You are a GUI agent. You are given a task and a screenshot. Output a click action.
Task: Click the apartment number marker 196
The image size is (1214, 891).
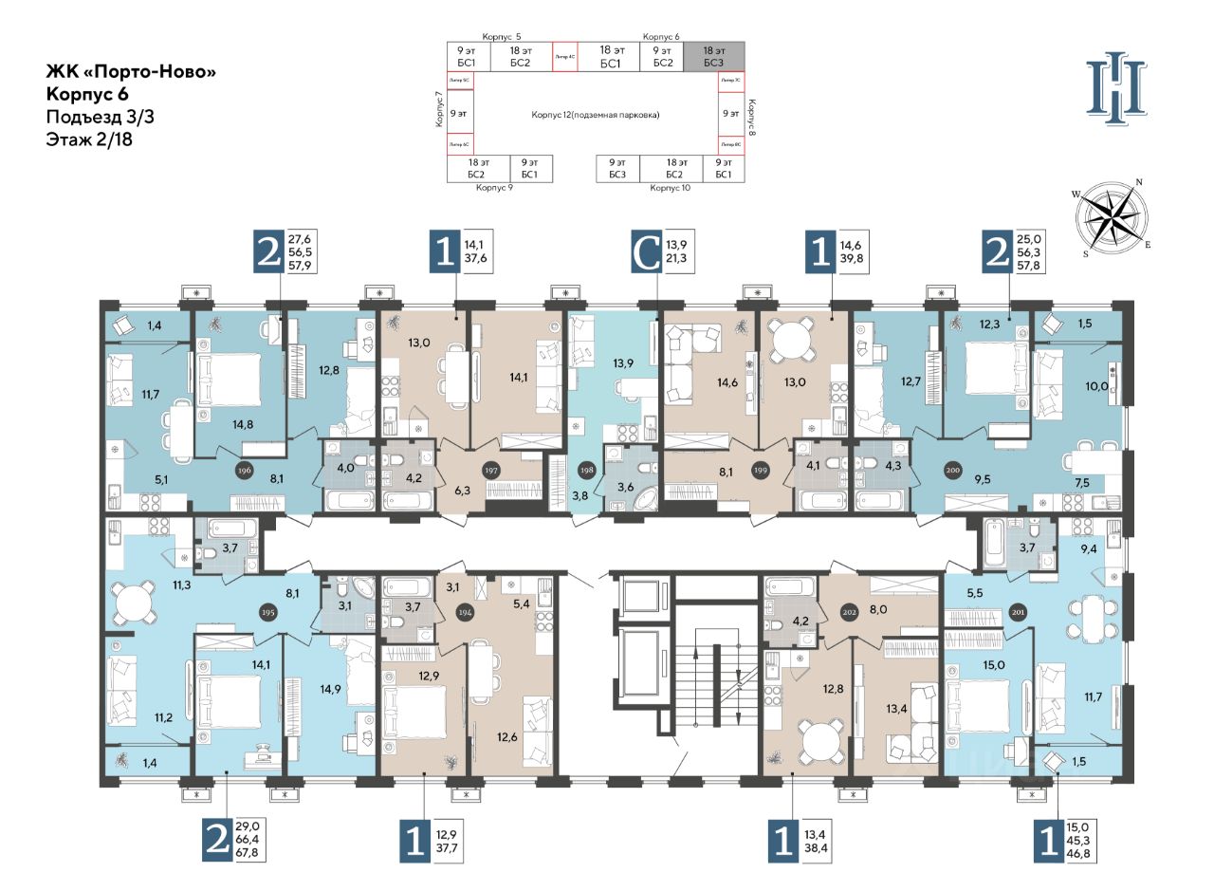[x=245, y=468]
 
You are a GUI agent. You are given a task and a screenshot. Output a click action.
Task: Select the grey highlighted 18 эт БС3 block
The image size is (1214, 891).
[x=714, y=56]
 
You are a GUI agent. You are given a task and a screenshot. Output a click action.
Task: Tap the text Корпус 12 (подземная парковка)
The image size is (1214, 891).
[x=595, y=114]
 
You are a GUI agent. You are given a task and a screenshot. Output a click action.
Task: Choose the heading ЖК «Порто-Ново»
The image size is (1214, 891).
[x=124, y=72]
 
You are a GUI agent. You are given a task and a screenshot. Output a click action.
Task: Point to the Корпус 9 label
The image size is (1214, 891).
[x=494, y=188]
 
